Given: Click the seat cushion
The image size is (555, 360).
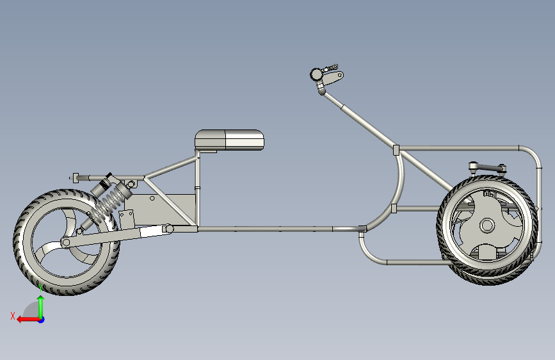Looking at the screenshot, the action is point(229,140).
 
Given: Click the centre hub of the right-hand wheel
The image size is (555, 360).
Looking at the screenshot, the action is point(487,225).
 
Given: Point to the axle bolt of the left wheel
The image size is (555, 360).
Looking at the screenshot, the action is point(65,243).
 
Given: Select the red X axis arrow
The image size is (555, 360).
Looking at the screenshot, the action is point(28,320).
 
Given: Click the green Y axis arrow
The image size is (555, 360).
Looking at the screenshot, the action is point(41,307).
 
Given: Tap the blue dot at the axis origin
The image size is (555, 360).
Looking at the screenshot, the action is point(42,320).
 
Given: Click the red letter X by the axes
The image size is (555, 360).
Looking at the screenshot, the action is point(13,316).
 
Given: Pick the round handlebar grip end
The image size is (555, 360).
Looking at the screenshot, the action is point(316,74).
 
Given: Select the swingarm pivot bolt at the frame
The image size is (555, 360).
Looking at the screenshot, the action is point(170,229).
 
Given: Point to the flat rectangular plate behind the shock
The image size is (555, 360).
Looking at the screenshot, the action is point(159,209).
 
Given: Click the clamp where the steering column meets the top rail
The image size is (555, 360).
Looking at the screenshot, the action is point(396,150).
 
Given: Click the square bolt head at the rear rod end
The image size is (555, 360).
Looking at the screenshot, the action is point(76,178).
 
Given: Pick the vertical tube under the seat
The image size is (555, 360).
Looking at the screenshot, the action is point(197,189).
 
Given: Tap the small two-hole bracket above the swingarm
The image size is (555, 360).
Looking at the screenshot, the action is point(127,220).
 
